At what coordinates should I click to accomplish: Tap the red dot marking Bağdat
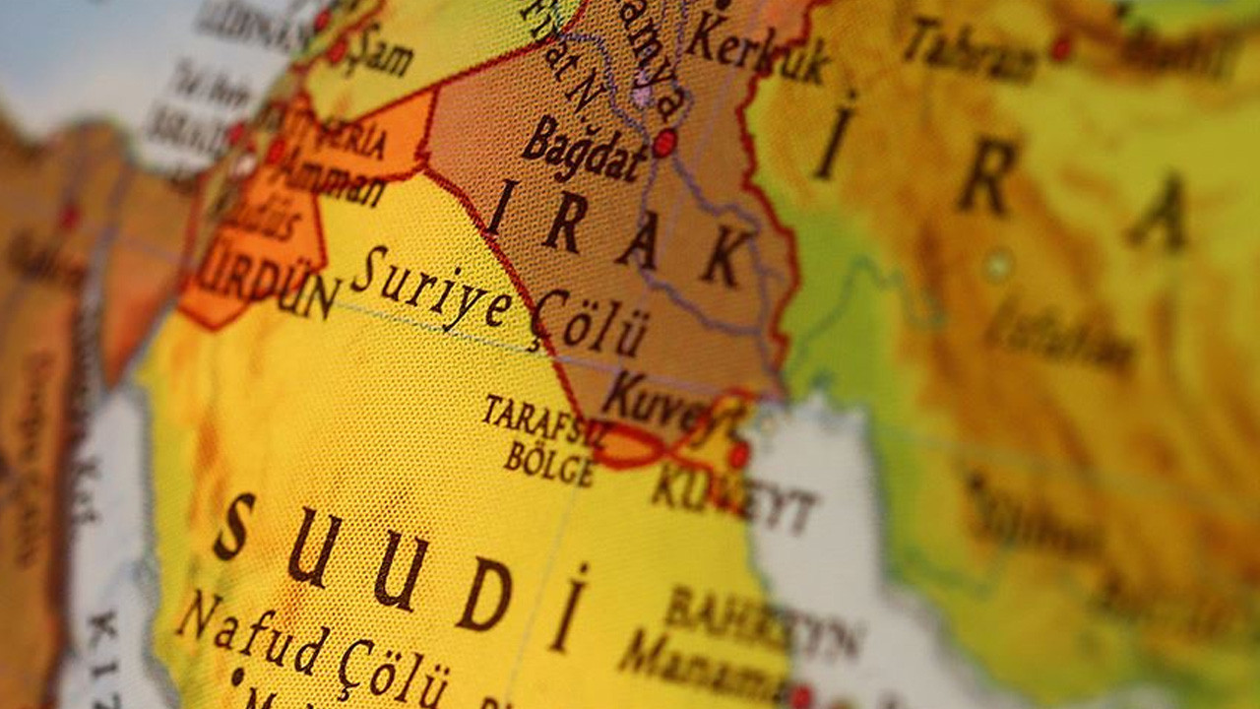pos(664,143)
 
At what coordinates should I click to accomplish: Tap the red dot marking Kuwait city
pos(738,454)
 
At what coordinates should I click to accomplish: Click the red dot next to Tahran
pos(1060,46)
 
